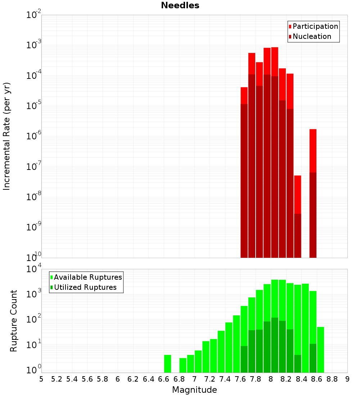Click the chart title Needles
pos(180,5)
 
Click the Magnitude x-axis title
pos(194,390)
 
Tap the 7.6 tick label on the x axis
pos(240,379)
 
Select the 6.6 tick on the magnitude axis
pos(164,379)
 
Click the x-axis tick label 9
pos(347,379)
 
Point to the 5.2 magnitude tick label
pos(57,379)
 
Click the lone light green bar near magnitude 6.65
pos(167,364)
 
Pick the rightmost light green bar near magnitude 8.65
pos(320,349)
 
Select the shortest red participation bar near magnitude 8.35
pos(298,194)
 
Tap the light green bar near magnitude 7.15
pos(206,356)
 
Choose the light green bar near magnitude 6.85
pos(183,365)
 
